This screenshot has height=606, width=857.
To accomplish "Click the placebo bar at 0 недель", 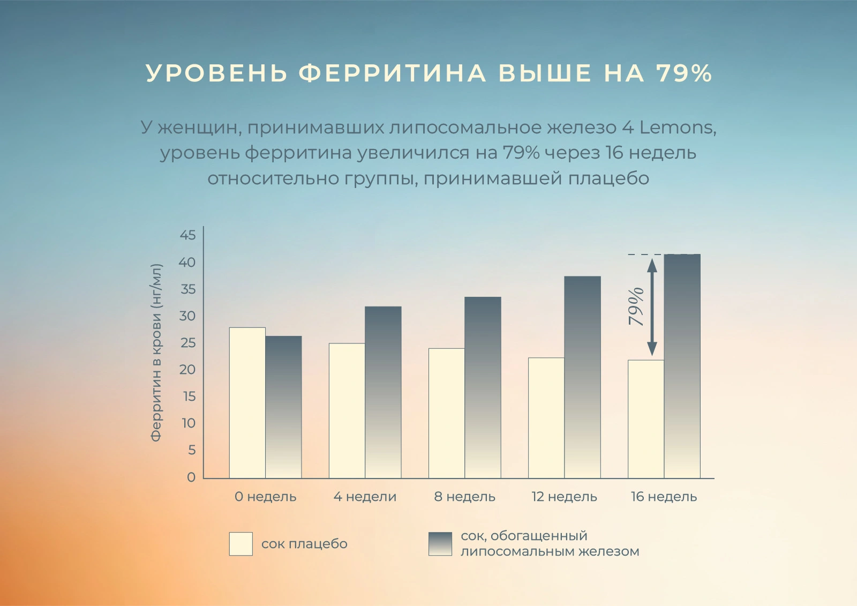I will tap(247, 402).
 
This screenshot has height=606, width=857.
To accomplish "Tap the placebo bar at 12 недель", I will tap(546, 417).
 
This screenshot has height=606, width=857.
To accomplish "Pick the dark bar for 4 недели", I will tap(383, 392).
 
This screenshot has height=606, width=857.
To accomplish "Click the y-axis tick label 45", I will tap(187, 235).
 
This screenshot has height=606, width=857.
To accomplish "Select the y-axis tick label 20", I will tap(187, 370).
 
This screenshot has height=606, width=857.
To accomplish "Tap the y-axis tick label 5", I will tap(191, 450).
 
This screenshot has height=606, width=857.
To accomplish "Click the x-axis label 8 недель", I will tap(464, 497).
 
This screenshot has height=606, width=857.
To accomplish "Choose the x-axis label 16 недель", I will tap(664, 497).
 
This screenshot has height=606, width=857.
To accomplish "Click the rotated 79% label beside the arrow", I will tap(636, 306).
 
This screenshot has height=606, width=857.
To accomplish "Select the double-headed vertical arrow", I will tap(652, 306).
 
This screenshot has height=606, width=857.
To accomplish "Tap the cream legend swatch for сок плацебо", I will tap(240, 544).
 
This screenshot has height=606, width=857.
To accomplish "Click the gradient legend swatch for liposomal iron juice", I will tap(440, 544).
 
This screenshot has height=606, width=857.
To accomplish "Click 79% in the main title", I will tap(684, 73).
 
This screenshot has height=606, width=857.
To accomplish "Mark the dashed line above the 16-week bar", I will tap(645, 255).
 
